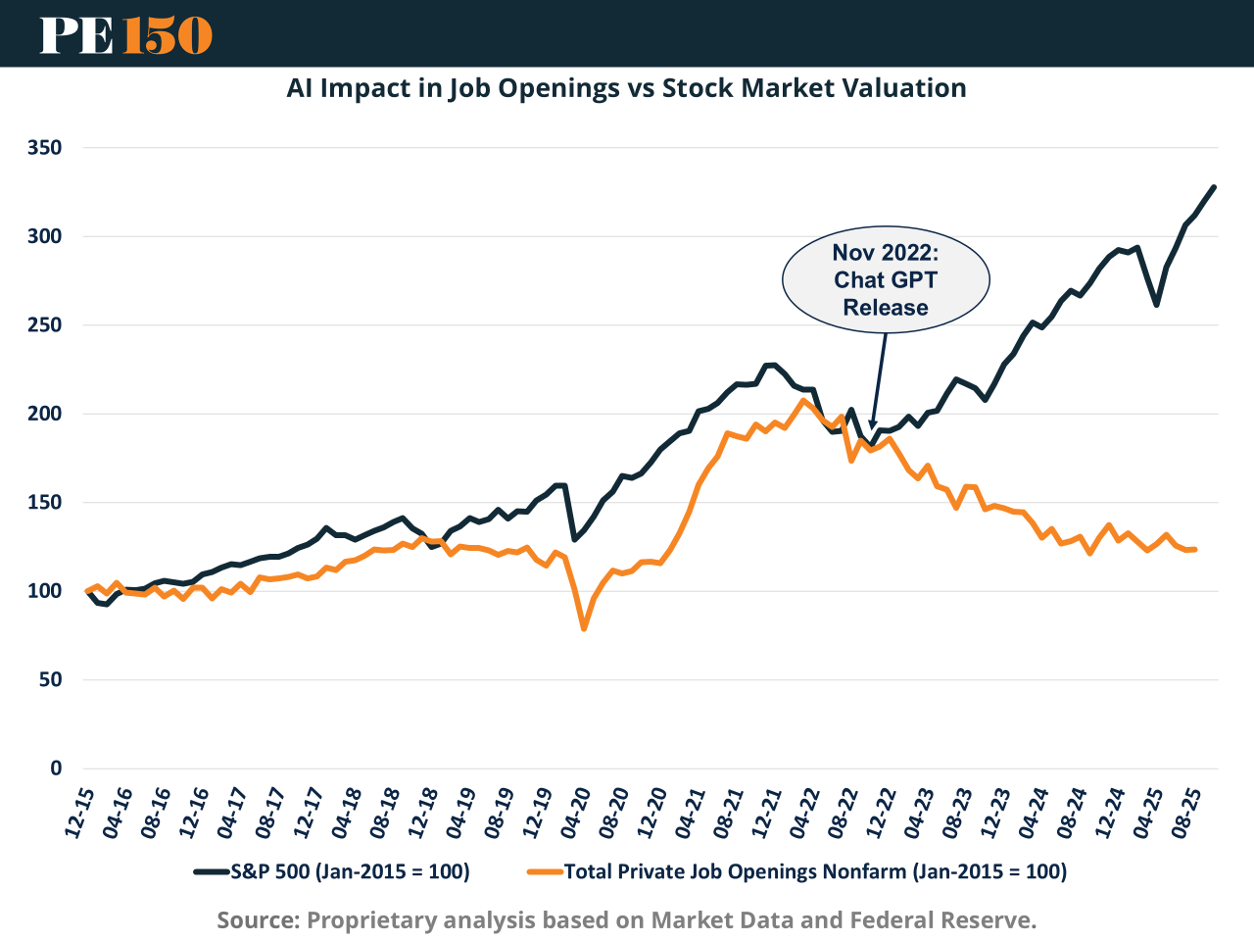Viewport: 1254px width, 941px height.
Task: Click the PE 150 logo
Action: click(125, 34)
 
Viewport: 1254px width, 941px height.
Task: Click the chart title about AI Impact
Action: click(626, 88)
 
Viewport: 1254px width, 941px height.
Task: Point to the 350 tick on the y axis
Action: click(45, 148)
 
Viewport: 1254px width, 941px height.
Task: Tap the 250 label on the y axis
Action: click(45, 325)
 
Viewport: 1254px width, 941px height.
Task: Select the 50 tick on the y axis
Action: click(50, 679)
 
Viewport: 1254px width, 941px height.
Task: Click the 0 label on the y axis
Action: click(56, 768)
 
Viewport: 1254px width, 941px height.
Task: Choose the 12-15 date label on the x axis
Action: click(80, 812)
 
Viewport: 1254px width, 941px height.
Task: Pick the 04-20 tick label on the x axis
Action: click(578, 812)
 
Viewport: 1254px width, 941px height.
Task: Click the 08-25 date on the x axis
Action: click(1190, 812)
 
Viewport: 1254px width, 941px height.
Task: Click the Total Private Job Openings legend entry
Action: click(797, 871)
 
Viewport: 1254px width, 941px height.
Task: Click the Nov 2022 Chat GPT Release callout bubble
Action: click(886, 280)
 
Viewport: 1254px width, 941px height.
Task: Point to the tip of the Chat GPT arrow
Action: click(871, 430)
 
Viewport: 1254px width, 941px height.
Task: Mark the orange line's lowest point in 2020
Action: click(584, 628)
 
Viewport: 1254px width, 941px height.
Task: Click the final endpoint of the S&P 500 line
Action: click(1214, 187)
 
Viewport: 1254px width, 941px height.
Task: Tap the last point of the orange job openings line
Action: click(1194, 549)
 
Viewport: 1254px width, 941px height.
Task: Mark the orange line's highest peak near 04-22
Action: click(803, 400)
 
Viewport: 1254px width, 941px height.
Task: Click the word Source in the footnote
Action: click(257, 920)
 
